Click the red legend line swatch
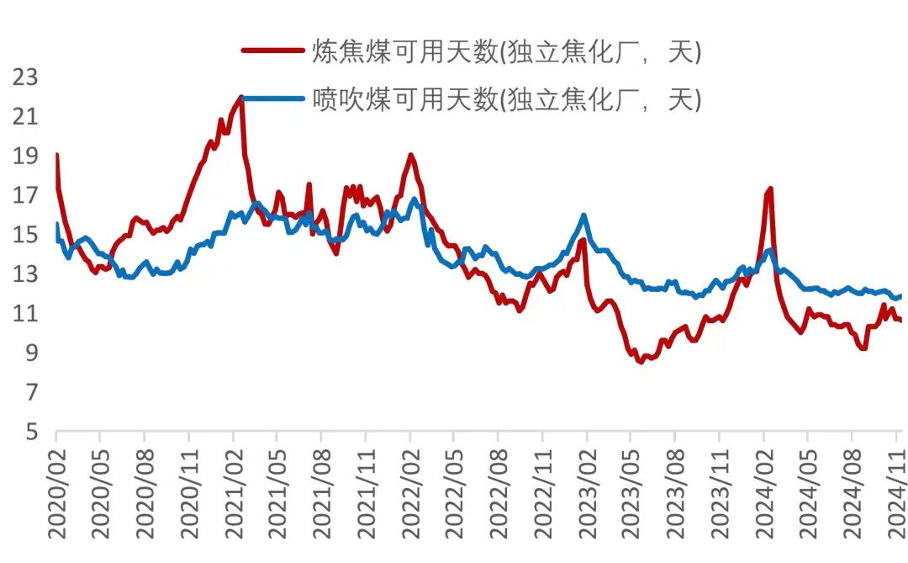pyautogui.click(x=273, y=50)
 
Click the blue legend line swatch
pyautogui.click(x=273, y=98)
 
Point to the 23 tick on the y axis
pyautogui.click(x=24, y=77)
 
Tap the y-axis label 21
pyautogui.click(x=24, y=116)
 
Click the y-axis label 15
pyautogui.click(x=24, y=235)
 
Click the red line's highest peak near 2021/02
pyautogui.click(x=241, y=98)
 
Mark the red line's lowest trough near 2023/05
pyautogui.click(x=641, y=362)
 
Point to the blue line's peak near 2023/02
pyautogui.click(x=583, y=215)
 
